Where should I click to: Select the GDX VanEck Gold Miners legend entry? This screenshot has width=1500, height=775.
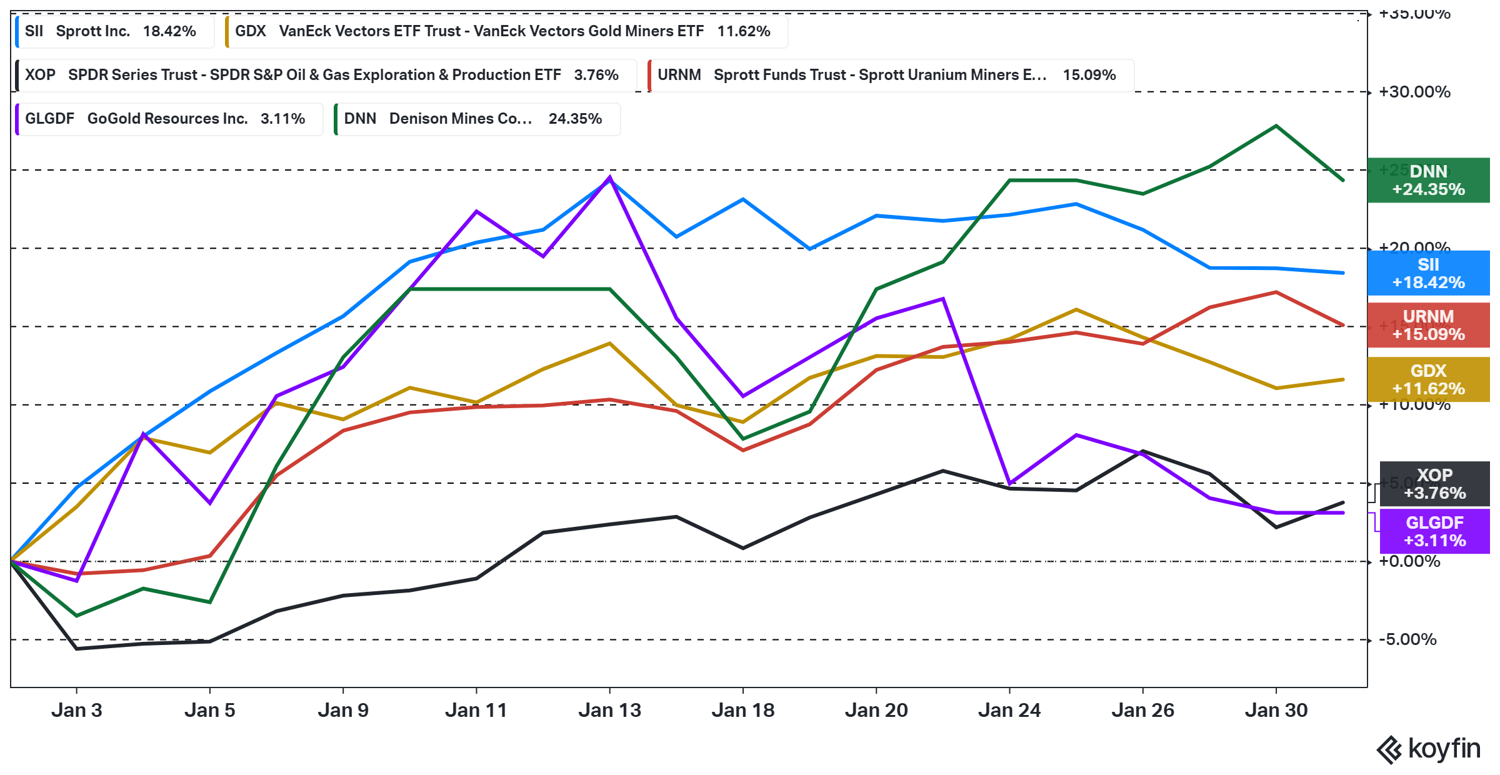click(506, 31)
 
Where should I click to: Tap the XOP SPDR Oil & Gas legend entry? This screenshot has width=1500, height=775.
click(326, 75)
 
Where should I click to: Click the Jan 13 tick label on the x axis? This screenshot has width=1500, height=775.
click(609, 710)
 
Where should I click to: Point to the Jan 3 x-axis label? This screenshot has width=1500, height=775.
click(76, 710)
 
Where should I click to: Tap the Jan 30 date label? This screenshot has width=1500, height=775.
click(1276, 710)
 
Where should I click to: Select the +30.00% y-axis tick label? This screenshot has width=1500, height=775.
click(1414, 92)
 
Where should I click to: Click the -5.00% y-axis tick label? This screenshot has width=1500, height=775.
click(1411, 639)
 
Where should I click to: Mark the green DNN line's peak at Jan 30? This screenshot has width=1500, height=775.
click(1276, 126)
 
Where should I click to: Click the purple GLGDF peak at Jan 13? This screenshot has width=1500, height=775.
click(609, 177)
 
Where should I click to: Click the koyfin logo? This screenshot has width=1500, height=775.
click(1428, 749)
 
